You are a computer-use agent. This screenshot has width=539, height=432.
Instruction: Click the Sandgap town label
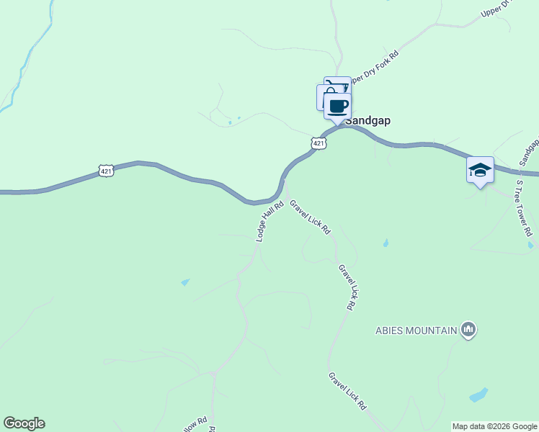[367, 121]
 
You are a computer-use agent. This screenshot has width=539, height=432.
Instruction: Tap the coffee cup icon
[337, 107]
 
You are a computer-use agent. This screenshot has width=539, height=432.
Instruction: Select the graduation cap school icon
[480, 171]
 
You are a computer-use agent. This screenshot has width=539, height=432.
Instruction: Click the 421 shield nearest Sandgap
[319, 143]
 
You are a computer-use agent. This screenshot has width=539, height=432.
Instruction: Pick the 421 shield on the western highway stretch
[106, 171]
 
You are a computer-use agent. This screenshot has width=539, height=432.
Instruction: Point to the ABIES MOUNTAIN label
[416, 331]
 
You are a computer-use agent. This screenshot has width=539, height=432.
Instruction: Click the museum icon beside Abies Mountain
[468, 330]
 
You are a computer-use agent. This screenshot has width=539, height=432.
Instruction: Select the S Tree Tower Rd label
[523, 209]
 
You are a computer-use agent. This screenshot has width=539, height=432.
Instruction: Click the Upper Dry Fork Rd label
[373, 66]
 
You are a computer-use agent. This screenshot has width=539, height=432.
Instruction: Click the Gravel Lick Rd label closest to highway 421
[310, 217]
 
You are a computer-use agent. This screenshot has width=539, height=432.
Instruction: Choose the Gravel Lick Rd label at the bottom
[347, 391]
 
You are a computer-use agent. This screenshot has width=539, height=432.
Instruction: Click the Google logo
[24, 423]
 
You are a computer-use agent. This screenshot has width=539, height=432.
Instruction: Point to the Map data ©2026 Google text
[494, 426]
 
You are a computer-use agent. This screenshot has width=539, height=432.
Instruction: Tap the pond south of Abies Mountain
[478, 395]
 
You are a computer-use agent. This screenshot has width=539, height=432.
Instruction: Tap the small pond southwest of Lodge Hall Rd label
[186, 282]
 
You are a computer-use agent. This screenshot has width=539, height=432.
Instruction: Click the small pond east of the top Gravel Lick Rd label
[386, 243]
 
